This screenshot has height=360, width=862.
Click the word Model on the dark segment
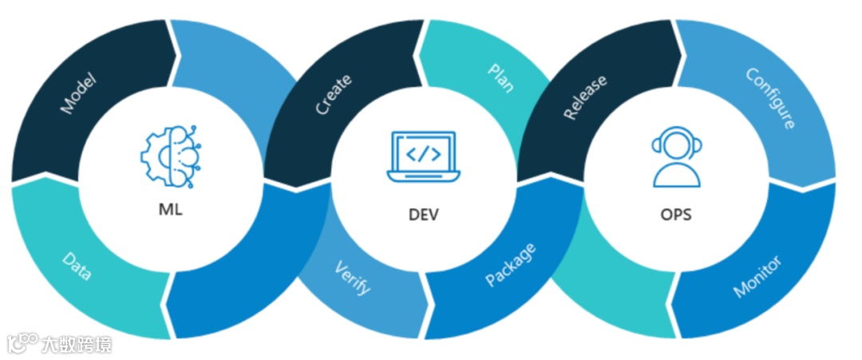[x=78, y=93]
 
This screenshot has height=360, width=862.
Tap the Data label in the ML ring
[x=77, y=266]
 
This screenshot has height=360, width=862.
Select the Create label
[x=334, y=95]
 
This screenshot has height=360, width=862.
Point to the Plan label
[x=500, y=78]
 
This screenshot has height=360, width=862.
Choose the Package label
[x=511, y=265]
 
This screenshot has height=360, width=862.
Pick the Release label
[x=585, y=97]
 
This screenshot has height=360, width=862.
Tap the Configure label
[x=770, y=98]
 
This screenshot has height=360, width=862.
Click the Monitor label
[x=757, y=276]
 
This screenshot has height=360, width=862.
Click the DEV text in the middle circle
[x=423, y=215]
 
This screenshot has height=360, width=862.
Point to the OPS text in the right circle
[x=677, y=215]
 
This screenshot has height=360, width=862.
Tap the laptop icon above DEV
[x=423, y=156]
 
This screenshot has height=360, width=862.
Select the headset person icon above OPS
[x=677, y=158]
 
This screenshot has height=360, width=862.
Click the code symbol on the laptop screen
[x=423, y=152]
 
